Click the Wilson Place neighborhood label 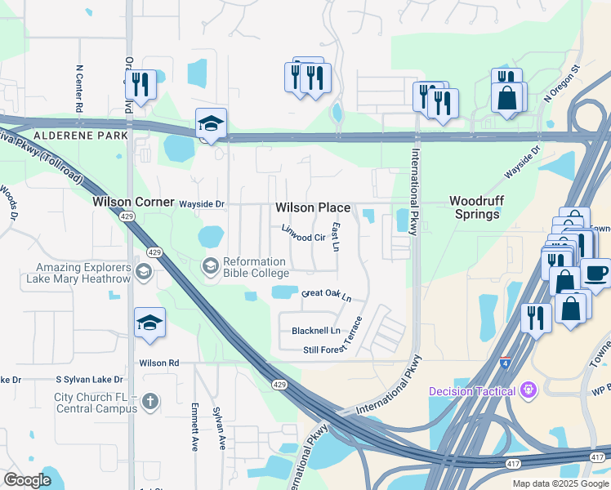[x=313, y=208]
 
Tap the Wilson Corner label [x=133, y=202]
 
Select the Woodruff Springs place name [x=475, y=207]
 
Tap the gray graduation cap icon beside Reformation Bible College [x=210, y=265]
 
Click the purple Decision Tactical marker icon [x=528, y=390]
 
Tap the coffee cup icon [x=595, y=273]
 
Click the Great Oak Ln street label [x=327, y=295]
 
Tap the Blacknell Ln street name [x=315, y=331]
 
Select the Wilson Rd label [x=158, y=363]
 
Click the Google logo [x=28, y=480]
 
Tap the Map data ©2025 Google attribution [x=560, y=483]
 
